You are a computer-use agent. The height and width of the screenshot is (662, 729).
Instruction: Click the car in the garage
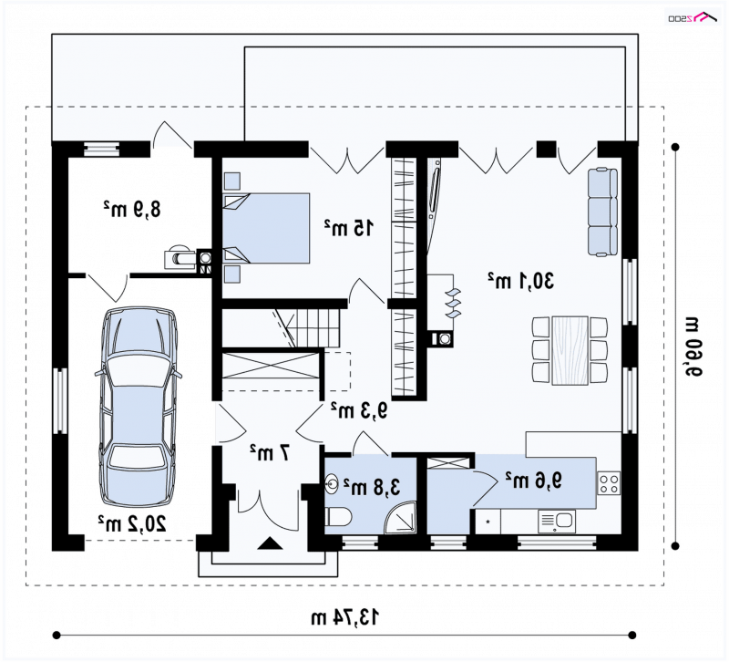click(x=139, y=408)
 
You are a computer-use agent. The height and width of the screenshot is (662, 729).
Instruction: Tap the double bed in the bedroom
click(x=266, y=228)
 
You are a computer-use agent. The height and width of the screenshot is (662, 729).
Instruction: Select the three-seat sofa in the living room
click(x=602, y=212)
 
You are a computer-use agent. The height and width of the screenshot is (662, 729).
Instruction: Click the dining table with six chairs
click(x=570, y=350)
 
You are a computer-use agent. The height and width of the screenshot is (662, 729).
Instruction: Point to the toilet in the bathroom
click(x=338, y=517)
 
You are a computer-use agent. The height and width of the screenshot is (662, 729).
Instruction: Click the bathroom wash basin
click(x=332, y=483)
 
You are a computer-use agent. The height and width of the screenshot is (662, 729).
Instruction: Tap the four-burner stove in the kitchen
click(x=609, y=482)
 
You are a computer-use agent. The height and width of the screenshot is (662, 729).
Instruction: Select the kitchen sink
click(x=557, y=521)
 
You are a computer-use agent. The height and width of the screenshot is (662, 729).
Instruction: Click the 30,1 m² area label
click(x=521, y=281)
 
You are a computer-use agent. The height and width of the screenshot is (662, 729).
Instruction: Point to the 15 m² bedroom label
click(x=349, y=227)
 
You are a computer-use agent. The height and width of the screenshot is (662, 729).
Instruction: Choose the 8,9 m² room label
click(x=132, y=209)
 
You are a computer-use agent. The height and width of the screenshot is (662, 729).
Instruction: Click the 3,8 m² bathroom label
click(x=372, y=487)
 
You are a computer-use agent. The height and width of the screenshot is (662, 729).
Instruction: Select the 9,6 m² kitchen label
click(x=534, y=480)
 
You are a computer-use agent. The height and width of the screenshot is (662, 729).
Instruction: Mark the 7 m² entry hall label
click(x=270, y=451)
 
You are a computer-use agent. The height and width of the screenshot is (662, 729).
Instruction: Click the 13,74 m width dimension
click(x=344, y=618)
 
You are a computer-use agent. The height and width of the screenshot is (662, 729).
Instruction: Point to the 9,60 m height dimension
click(x=693, y=347)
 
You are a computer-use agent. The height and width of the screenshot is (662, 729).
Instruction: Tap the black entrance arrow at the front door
click(x=270, y=543)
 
